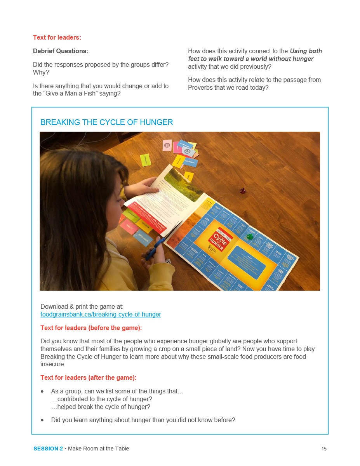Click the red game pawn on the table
[x=242, y=190]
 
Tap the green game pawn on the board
[x=249, y=236]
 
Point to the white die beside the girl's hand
[x=168, y=261]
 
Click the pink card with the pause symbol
[x=167, y=145]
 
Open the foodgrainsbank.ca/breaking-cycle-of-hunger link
[x=101, y=314]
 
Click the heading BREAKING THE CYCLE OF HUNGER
[x=106, y=122]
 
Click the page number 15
[x=324, y=449]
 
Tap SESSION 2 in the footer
[x=48, y=449]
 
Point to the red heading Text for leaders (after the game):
[x=88, y=377]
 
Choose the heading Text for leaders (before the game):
[x=91, y=328]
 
